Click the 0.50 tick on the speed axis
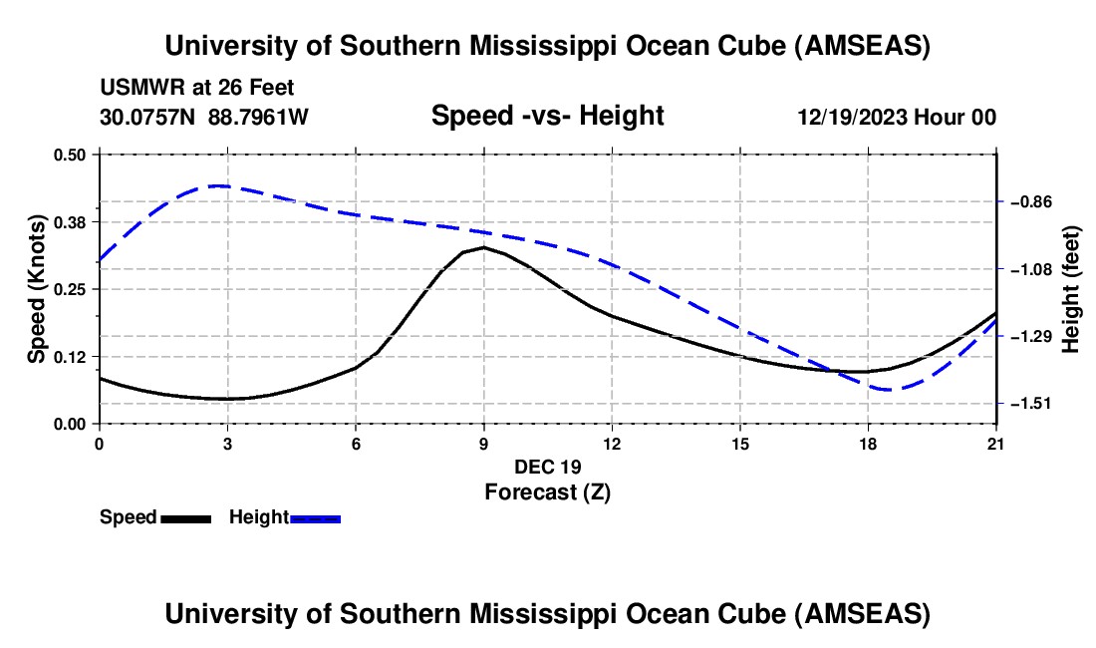[x=71, y=155]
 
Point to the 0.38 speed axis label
[x=71, y=222]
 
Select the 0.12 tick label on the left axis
[x=71, y=357]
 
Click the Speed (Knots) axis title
[x=36, y=289]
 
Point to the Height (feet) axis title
[x=1071, y=289]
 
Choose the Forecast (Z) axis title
[x=547, y=491]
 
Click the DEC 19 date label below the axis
[x=547, y=467]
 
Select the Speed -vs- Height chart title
[x=547, y=116]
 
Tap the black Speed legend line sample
[x=185, y=518]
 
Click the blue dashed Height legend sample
[x=315, y=518]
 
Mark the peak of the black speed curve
[x=484, y=247]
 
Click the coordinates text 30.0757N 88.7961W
[x=204, y=117]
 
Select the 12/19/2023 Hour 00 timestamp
[x=897, y=117]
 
